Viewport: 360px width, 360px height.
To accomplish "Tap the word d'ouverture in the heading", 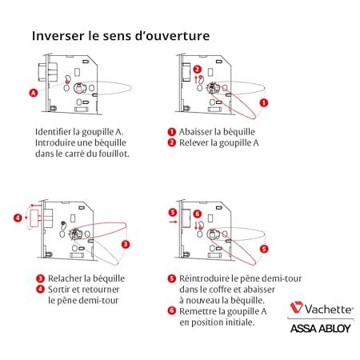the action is pyautogui.click(x=172, y=36).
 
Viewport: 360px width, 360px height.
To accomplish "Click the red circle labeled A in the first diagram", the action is pyautogui.click(x=34, y=93).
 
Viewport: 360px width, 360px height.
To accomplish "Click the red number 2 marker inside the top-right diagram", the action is pyautogui.click(x=197, y=70).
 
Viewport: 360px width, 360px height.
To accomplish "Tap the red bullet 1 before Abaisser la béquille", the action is pyautogui.click(x=172, y=132).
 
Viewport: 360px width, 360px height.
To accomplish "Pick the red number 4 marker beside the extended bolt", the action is pyautogui.click(x=18, y=218).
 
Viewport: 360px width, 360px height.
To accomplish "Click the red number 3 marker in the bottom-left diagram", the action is pyautogui.click(x=126, y=244).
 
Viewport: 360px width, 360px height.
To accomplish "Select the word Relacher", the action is pyautogui.click(x=65, y=278).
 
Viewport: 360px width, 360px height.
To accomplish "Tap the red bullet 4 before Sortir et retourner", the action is pyautogui.click(x=40, y=289).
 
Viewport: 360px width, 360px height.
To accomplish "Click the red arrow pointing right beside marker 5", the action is pyautogui.click(x=173, y=222).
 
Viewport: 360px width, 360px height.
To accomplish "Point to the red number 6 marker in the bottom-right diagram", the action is pyautogui.click(x=198, y=214).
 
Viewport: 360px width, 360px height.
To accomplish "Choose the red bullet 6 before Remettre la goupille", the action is pyautogui.click(x=172, y=310).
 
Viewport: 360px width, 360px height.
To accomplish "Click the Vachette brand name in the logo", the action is pyautogui.click(x=329, y=310).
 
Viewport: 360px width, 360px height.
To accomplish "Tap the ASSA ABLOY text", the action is pyautogui.click(x=321, y=329).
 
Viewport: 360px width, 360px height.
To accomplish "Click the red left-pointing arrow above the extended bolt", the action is pyautogui.click(x=35, y=206).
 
